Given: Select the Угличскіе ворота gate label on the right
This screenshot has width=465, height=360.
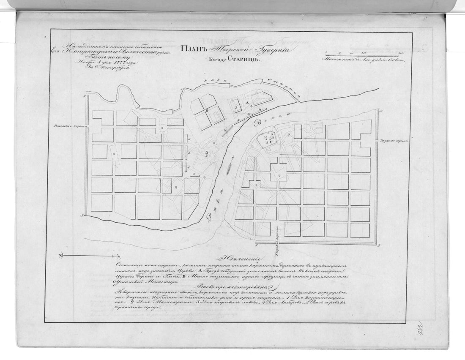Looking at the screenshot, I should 393,140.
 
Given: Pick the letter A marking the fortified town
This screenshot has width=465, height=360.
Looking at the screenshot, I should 245,103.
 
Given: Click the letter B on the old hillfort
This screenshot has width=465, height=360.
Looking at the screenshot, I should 207,111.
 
